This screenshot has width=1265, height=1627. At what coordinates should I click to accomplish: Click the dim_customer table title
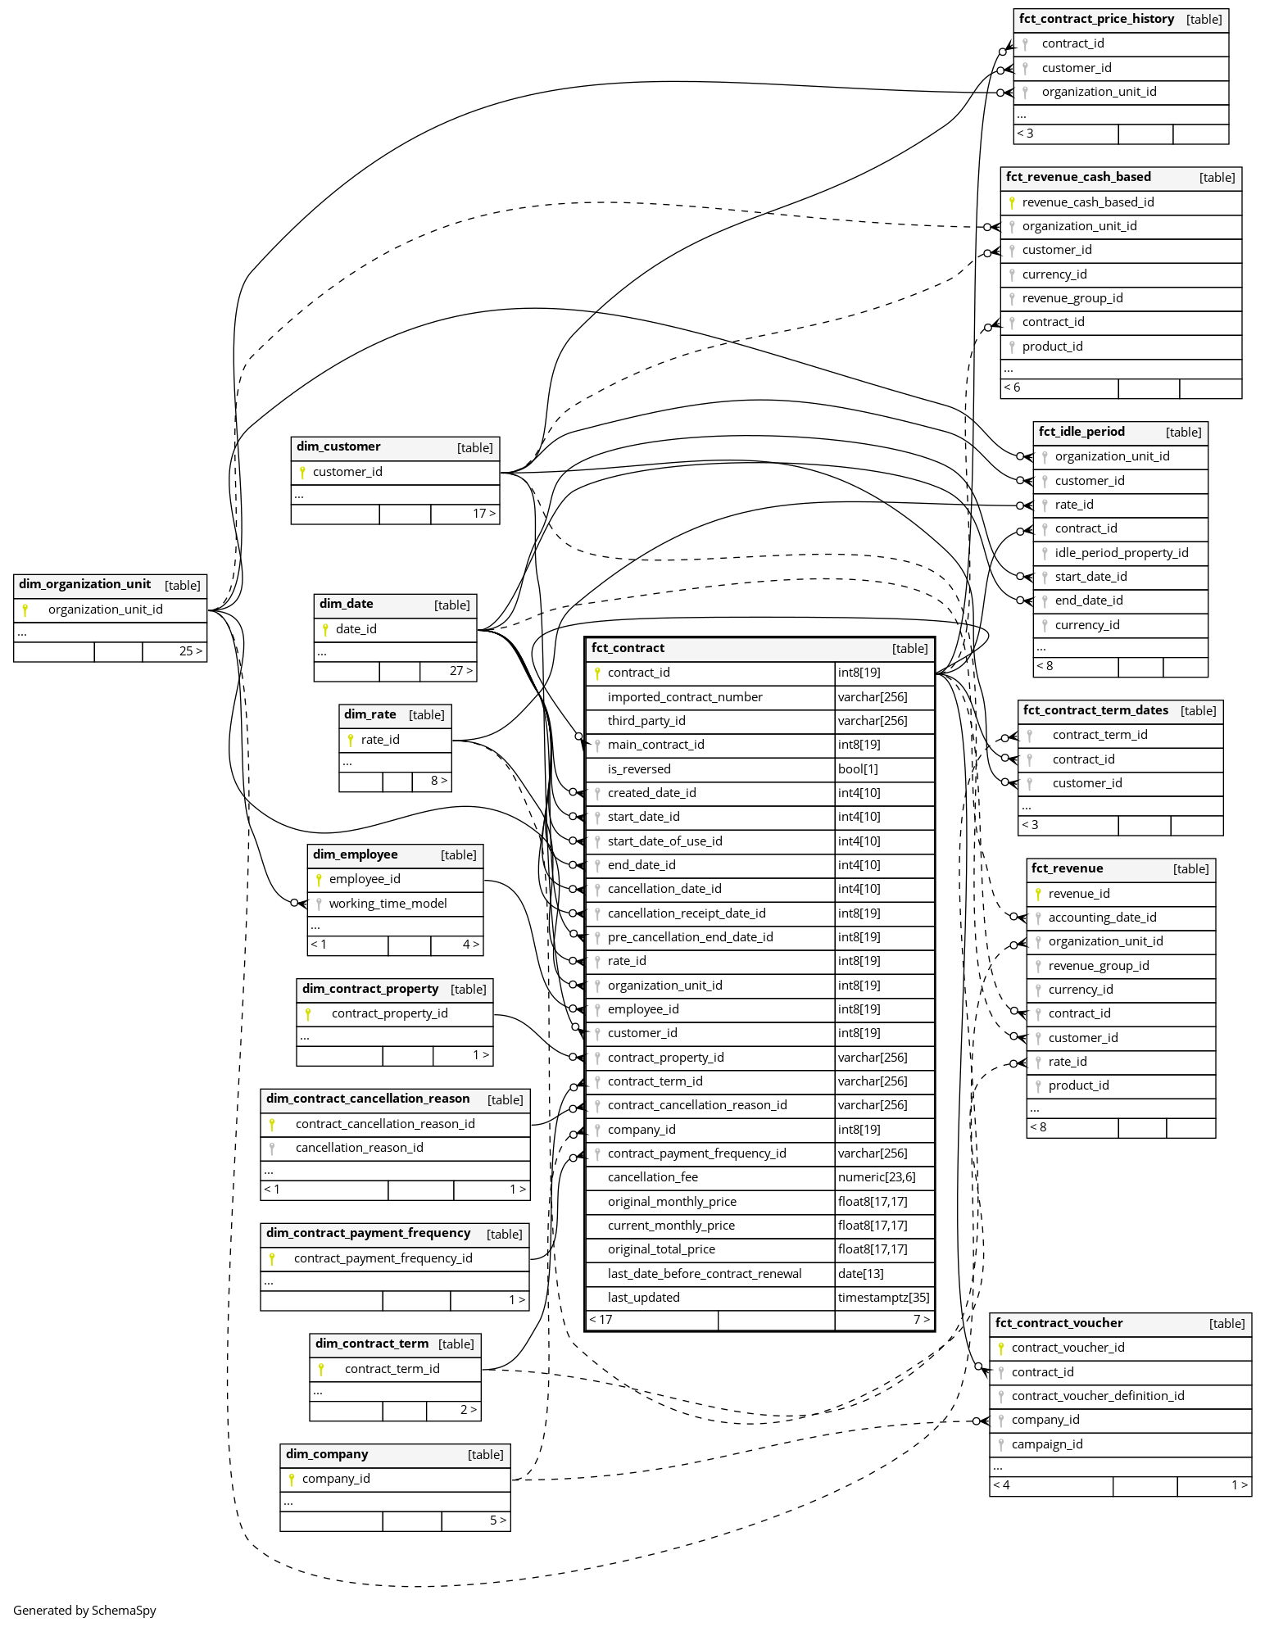tap(338, 446)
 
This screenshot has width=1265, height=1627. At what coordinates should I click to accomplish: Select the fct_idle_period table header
tap(1081, 432)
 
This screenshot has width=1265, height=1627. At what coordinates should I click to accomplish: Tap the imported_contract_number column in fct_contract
tap(685, 697)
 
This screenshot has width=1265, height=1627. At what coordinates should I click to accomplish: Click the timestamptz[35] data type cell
tap(883, 1298)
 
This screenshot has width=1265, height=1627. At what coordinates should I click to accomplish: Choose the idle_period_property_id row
tap(1121, 553)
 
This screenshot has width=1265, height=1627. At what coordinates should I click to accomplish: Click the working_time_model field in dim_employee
tap(388, 904)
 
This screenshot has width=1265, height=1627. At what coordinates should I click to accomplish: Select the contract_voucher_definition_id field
tap(1097, 1396)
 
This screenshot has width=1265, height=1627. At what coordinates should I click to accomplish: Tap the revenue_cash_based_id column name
tap(1087, 202)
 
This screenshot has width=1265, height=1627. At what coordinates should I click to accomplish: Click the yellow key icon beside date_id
tap(325, 629)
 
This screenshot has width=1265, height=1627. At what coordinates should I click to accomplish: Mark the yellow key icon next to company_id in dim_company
tap(291, 1479)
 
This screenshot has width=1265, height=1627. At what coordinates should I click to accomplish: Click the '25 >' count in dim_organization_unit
tap(190, 651)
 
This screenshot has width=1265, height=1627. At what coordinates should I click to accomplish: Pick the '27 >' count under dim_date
tap(460, 671)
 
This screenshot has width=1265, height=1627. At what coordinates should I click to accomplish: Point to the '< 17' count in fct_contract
tap(601, 1320)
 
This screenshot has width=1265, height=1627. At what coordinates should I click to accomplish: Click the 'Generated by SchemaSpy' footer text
tap(84, 1610)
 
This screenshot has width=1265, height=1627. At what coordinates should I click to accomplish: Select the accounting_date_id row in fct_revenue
tap(1102, 918)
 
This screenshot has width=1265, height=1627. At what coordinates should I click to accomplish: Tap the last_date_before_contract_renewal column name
tap(705, 1274)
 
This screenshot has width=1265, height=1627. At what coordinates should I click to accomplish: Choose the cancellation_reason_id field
tap(359, 1148)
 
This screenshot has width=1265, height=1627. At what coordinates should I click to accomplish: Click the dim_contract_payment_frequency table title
tap(368, 1233)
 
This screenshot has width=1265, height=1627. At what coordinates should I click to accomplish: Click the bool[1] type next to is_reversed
tap(858, 769)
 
